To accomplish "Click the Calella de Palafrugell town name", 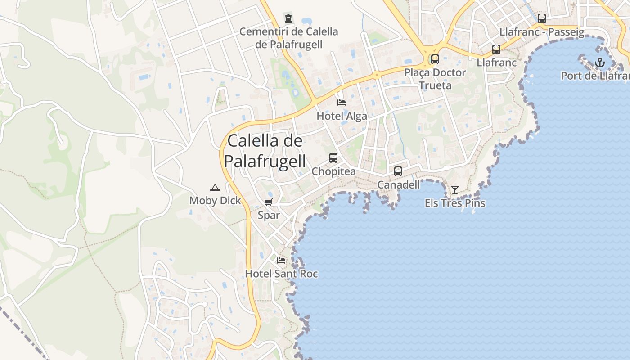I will pos(265,151).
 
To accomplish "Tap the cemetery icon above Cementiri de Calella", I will pos(288,18).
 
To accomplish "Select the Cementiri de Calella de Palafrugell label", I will pos(288,38).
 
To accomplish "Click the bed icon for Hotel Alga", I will pos(342,102).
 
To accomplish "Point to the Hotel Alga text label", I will pos(342,116).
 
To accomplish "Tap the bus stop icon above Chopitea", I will pos(333,158).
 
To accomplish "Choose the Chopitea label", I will pos(333,171).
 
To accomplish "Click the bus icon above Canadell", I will pos(398,171).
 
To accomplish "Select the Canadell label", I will pos(398,184).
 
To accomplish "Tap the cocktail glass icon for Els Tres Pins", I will pos(455,190).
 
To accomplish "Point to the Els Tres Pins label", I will pos(455,203).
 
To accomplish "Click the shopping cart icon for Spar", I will pos(269,202).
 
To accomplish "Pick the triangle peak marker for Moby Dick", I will pos(215,188).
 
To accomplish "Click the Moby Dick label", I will pos(215,201).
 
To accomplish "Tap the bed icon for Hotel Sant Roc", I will pos(281,260).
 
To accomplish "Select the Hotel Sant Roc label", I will pos(281,274).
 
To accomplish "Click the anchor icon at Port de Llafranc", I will pos(599,63).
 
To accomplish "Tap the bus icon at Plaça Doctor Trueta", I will pos(435,59).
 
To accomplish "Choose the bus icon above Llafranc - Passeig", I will pos(542,18).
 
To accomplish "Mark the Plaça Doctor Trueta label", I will pos(435,79).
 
